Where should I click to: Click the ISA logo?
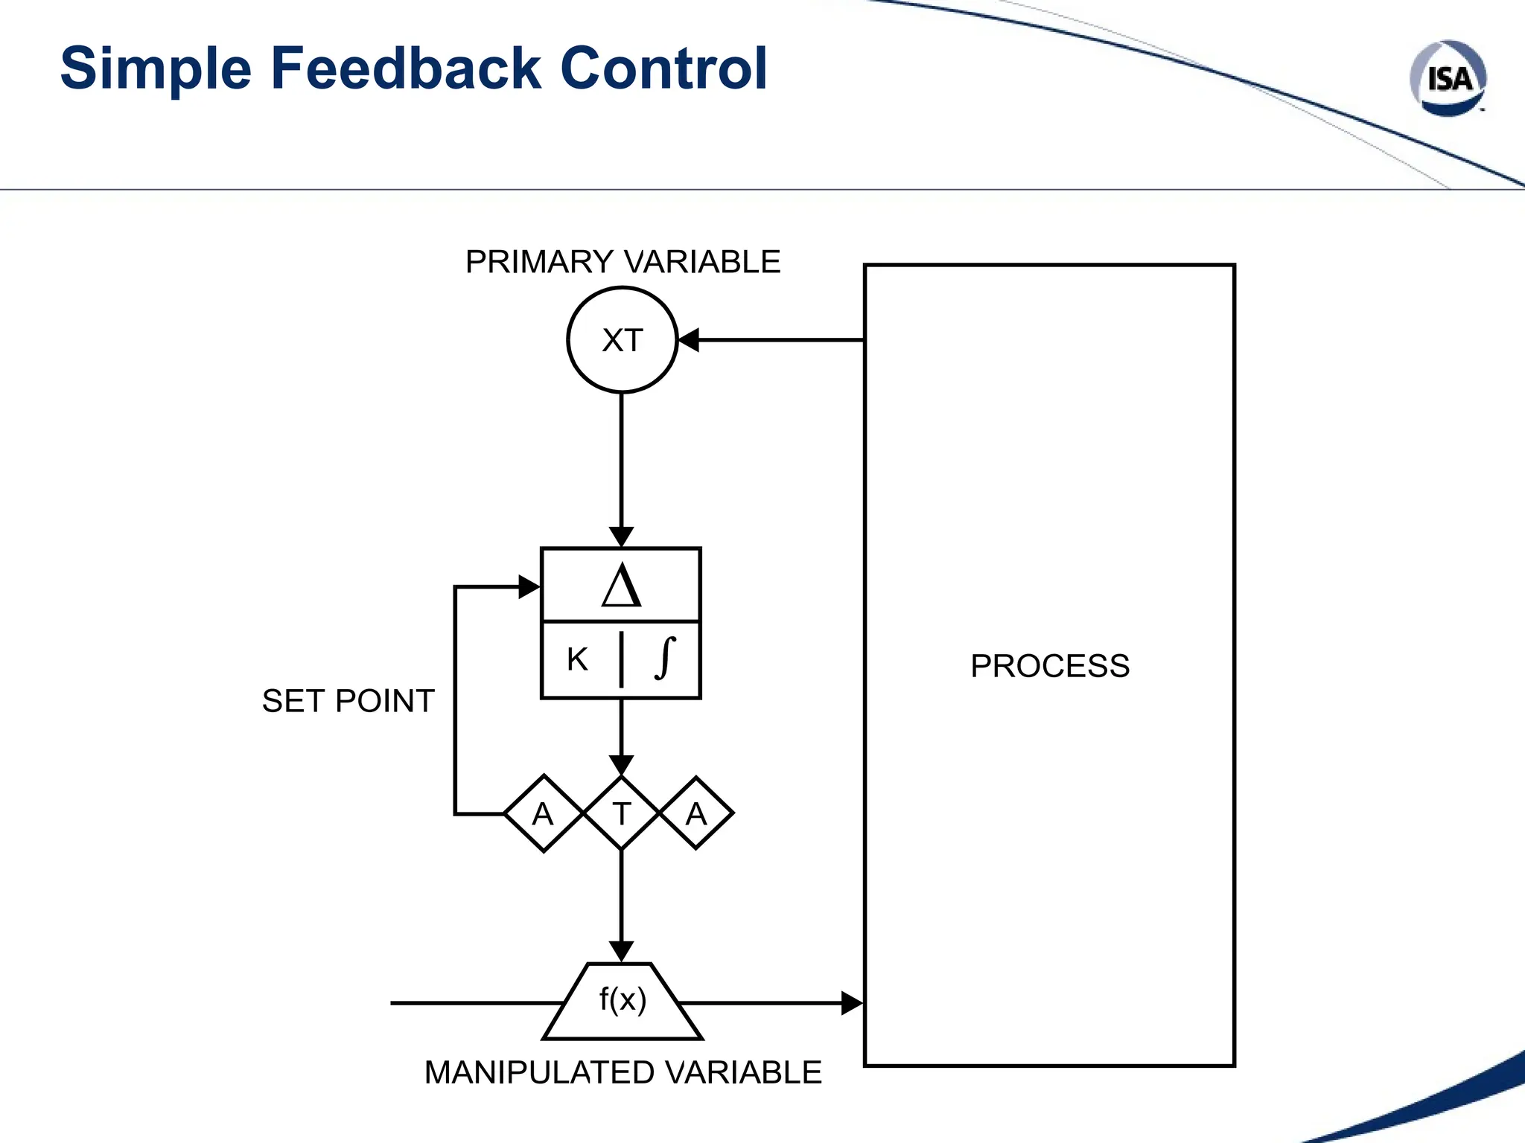pos(1448,78)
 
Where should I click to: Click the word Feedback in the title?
pos(406,68)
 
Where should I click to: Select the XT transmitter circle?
pos(622,340)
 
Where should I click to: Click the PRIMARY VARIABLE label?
pos(623,262)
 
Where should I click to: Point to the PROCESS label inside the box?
pos(1049,666)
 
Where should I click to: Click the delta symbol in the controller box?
pos(621,586)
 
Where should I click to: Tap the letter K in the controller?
pos(577,659)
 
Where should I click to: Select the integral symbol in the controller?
pos(665,659)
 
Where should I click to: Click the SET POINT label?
pos(348,701)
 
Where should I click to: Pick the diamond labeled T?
pos(621,813)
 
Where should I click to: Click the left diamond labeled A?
pos(544,813)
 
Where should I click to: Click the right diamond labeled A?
pos(696,813)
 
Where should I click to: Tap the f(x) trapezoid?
pos(623,1001)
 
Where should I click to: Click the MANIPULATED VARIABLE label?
pos(623,1072)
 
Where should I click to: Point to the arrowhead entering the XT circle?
pos(689,340)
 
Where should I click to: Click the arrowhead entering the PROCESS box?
pos(852,1003)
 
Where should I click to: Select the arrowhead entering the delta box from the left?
pos(529,586)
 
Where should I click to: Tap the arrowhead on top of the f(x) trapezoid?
pos(621,952)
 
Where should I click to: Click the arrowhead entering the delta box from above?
pos(621,537)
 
